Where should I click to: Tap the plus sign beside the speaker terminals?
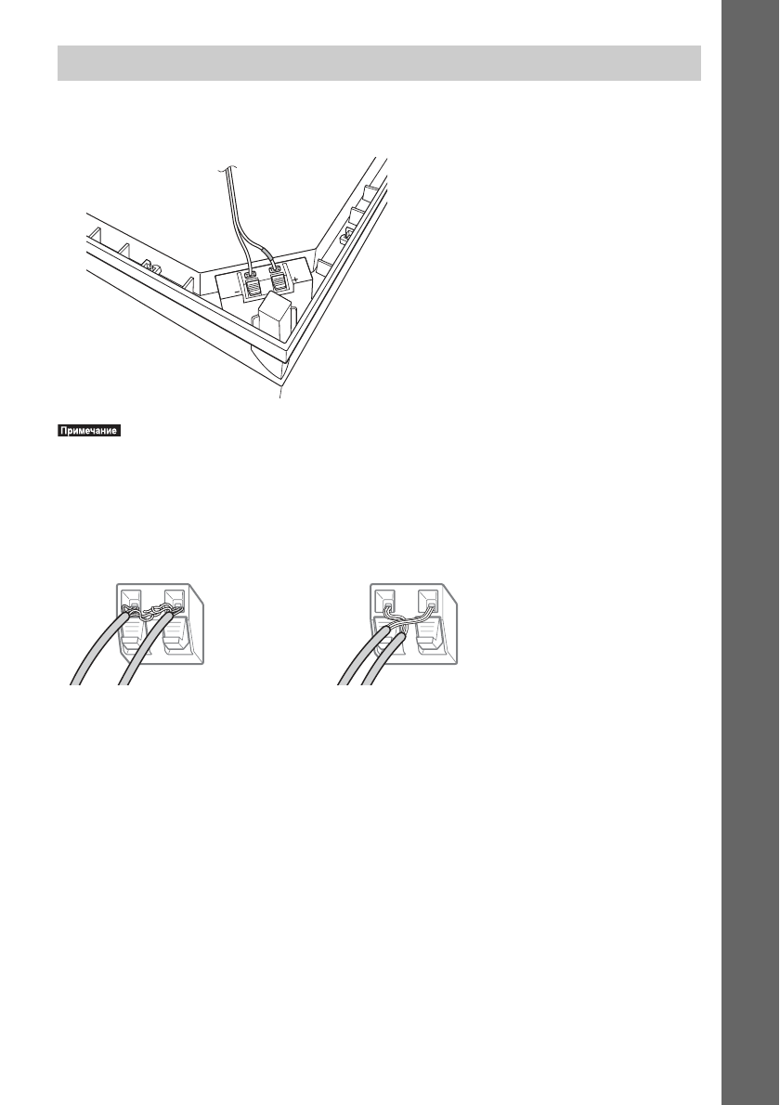294,277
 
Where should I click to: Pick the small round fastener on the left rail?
153,269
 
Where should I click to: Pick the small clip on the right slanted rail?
344,239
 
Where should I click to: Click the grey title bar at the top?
378,62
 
